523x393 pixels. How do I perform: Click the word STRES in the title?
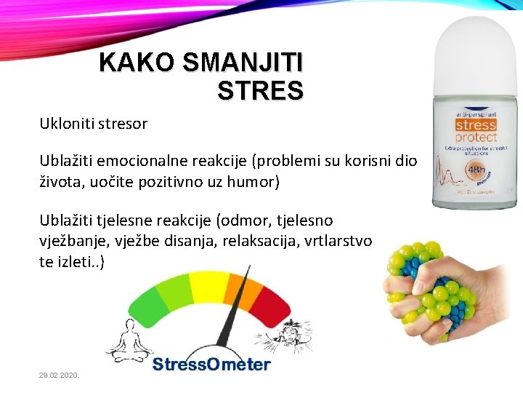(x=259, y=91)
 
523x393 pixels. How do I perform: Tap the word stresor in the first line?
(x=121, y=124)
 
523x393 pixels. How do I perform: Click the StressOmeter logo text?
(x=211, y=364)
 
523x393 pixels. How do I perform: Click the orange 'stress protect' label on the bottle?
(x=476, y=131)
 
